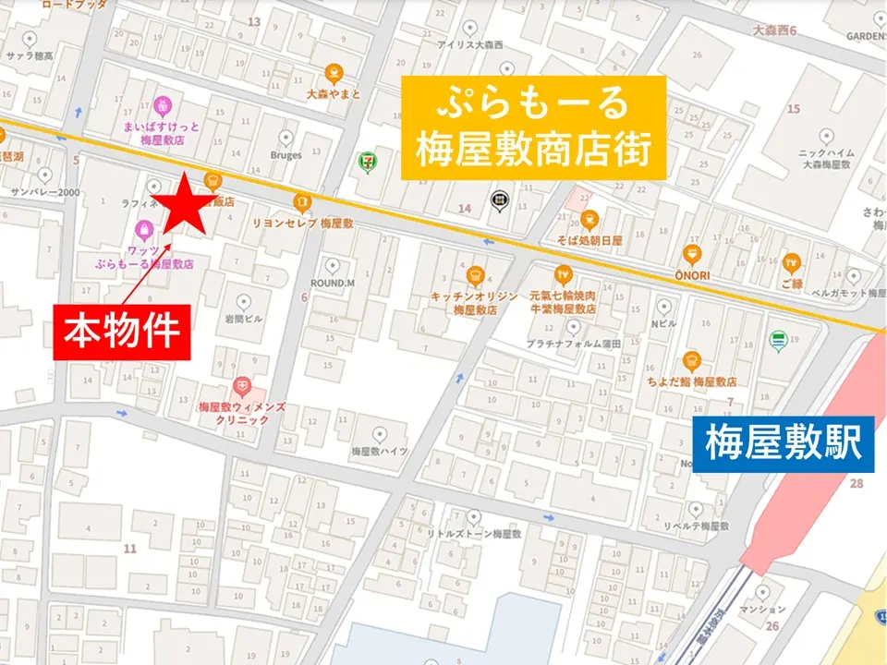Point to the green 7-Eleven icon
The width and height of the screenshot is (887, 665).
(367, 163)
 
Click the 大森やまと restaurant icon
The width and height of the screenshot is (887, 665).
(333, 73)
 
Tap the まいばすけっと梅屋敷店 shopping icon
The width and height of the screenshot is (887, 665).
(163, 103)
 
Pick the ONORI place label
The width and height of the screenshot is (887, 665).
(691, 274)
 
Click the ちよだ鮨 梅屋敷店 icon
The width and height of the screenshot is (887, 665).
(691, 361)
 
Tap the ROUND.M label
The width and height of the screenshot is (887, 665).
(333, 283)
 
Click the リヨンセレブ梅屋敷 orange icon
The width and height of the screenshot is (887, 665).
(301, 202)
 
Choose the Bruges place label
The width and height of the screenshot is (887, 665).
(286, 155)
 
